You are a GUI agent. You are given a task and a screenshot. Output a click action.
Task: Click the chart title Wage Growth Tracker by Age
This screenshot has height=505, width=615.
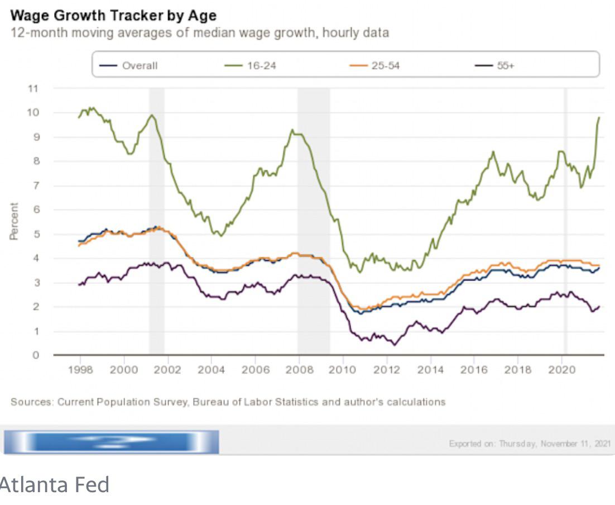click(113, 15)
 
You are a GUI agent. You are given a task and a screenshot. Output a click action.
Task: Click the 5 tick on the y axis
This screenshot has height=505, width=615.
click(36, 234)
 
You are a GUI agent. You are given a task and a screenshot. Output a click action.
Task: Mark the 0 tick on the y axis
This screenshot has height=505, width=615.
click(36, 355)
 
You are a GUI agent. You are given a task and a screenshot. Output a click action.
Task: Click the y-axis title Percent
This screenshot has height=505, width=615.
click(14, 221)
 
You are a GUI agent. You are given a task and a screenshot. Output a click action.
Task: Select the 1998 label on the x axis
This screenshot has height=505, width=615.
click(80, 370)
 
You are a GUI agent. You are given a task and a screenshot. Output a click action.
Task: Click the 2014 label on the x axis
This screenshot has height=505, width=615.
click(431, 370)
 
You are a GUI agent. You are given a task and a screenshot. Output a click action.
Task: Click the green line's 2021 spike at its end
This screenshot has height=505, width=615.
click(599, 118)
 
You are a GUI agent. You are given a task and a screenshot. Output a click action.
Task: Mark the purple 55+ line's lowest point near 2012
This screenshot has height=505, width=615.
click(394, 345)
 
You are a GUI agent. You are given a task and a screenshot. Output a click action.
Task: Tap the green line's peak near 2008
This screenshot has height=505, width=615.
click(292, 130)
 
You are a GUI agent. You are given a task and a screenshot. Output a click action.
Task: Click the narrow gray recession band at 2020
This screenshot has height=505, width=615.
click(565, 221)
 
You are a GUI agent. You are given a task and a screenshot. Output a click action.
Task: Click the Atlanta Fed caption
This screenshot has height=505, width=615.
click(54, 485)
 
